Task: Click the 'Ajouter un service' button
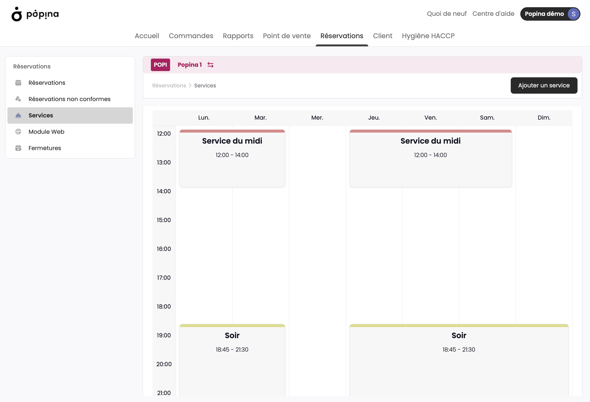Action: (x=544, y=85)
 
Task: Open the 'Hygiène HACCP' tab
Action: (x=428, y=36)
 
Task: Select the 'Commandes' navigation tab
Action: (x=191, y=36)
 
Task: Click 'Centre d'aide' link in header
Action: (x=493, y=14)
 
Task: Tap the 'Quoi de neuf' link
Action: (x=447, y=14)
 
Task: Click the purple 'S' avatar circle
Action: (x=573, y=14)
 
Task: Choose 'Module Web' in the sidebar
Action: (x=46, y=132)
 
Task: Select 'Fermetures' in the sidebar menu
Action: (x=45, y=148)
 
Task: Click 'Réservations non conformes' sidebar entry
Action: (x=70, y=99)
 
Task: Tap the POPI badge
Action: (x=160, y=65)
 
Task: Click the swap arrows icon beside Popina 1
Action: (x=210, y=65)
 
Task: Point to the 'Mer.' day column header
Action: (x=317, y=118)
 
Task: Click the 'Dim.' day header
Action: (x=544, y=118)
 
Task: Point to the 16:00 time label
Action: (x=164, y=249)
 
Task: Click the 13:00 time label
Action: (x=164, y=162)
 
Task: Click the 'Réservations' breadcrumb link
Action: (x=169, y=85)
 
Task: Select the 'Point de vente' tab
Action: (x=287, y=36)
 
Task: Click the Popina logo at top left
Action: (x=35, y=14)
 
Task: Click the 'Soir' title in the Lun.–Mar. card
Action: (x=232, y=335)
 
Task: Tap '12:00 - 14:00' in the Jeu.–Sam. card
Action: (x=430, y=155)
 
